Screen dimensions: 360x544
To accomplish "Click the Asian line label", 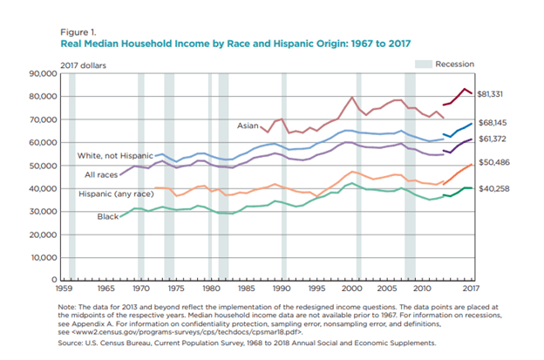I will coord(248,126).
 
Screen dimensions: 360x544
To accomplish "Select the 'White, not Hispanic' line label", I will coord(116,155).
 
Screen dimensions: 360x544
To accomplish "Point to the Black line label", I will coord(108,215).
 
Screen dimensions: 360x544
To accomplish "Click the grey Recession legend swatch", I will coord(423,65).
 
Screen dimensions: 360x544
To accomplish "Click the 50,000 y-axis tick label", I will coord(42,166).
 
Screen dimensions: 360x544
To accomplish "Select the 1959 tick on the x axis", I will coord(62,287).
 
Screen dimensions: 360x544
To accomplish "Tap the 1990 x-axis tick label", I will coord(281,287).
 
